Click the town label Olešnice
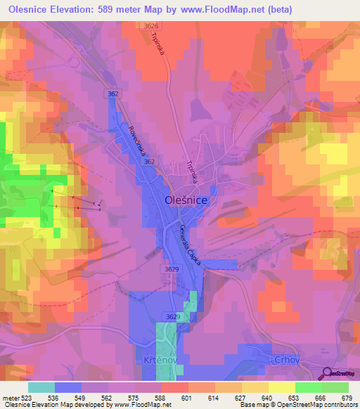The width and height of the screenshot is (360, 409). (185, 200)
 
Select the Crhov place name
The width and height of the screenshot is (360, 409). (283, 359)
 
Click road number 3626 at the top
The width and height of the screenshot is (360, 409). (151, 25)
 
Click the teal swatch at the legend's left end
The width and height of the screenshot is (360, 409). (41, 387)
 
